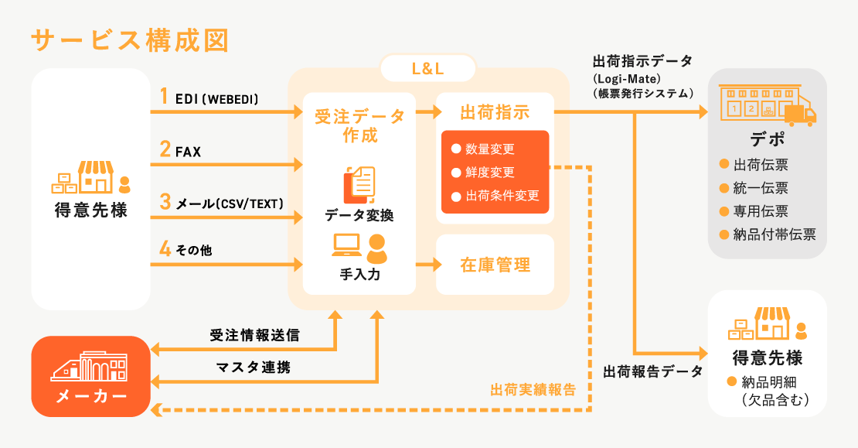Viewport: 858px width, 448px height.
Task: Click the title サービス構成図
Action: point(129,40)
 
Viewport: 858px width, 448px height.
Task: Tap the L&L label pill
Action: point(427,69)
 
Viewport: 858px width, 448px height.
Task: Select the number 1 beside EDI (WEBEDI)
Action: point(164,97)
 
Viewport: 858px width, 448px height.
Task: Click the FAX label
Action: point(188,152)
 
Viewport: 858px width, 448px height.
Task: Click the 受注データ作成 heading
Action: point(359,125)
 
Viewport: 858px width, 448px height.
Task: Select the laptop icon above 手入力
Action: point(346,245)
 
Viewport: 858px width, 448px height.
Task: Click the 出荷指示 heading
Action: point(495,112)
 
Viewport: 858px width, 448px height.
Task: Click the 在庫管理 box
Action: point(495,265)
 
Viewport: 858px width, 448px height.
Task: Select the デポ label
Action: point(768,140)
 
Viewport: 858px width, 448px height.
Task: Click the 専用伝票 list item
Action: point(761,211)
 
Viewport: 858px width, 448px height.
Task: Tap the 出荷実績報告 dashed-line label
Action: point(533,390)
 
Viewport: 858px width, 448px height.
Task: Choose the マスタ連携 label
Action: point(254,368)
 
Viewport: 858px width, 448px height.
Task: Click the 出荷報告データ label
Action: point(652,371)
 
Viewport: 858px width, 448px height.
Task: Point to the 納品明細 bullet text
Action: point(774,382)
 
